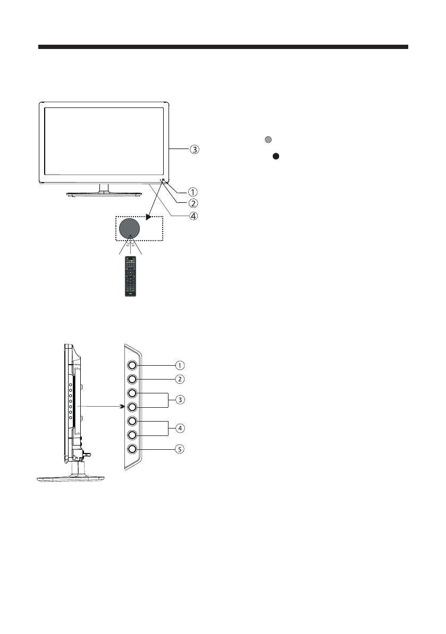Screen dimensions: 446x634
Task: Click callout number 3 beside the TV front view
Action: coord(195,150)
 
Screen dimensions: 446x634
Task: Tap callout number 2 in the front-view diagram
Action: coord(195,203)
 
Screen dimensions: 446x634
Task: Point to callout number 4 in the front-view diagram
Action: coord(195,217)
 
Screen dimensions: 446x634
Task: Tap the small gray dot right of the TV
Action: coord(268,140)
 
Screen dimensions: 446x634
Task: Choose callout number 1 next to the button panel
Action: coord(181,366)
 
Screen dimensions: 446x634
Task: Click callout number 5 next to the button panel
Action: coord(181,449)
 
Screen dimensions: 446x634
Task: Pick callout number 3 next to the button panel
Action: coord(181,399)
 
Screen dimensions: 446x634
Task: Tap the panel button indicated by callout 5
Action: coord(132,449)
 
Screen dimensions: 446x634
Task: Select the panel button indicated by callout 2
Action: coord(132,380)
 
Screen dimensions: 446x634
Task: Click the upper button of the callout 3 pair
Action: coord(132,393)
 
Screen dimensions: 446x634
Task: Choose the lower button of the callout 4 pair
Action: coord(132,435)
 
